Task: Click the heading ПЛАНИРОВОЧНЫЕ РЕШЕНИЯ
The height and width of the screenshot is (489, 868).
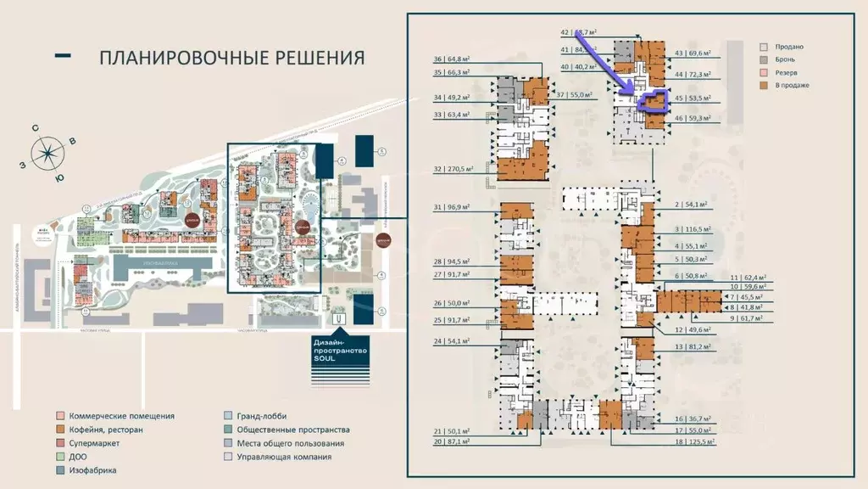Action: click(x=231, y=58)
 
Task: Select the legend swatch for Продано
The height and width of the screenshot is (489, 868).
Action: click(x=764, y=47)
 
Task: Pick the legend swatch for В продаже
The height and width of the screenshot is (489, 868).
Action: click(x=764, y=86)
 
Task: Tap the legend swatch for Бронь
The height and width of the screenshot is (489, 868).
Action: click(x=764, y=59)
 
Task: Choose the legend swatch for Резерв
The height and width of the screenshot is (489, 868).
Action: click(x=764, y=73)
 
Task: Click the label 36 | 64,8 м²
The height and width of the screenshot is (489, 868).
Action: click(x=451, y=59)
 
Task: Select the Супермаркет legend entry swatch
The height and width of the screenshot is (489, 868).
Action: click(x=60, y=443)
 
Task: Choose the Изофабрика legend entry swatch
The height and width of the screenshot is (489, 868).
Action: click(x=60, y=470)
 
